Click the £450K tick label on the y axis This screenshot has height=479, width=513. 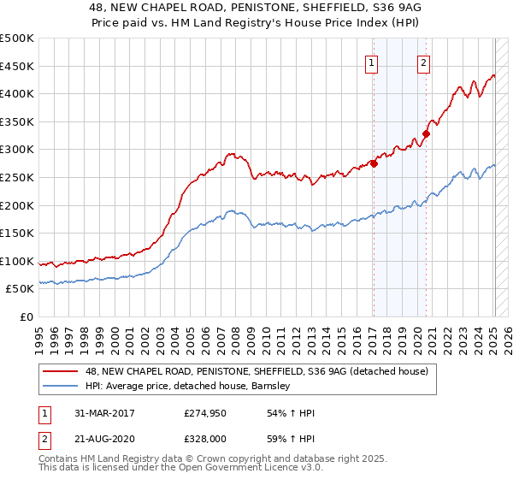pos(17,66)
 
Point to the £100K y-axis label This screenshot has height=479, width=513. pos(17,261)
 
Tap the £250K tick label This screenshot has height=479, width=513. pos(17,177)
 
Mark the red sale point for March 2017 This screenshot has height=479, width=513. pos(374,164)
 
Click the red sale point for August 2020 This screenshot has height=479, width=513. pos(426,133)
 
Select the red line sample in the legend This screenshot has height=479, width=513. pos(61,371)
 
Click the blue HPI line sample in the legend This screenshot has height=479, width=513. pos(61,386)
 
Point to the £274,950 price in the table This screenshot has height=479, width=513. pos(206,413)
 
